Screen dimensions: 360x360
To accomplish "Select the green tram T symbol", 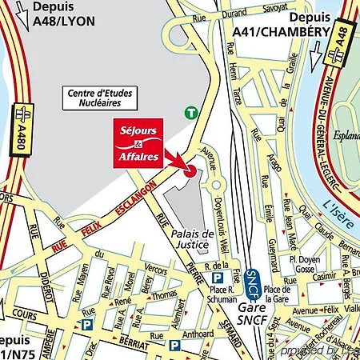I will coord(190,113).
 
